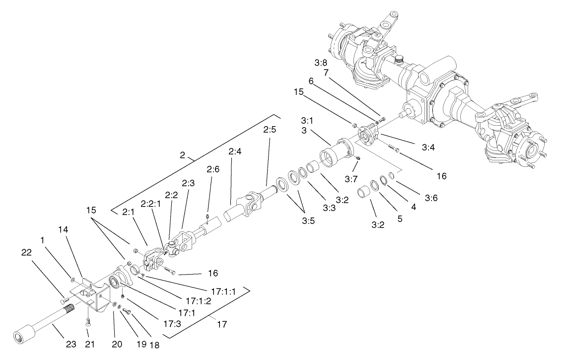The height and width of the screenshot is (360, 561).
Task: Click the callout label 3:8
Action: [321, 63]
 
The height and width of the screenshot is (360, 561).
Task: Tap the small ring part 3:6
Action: [391, 175]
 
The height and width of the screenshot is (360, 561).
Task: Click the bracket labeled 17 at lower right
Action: [222, 325]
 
